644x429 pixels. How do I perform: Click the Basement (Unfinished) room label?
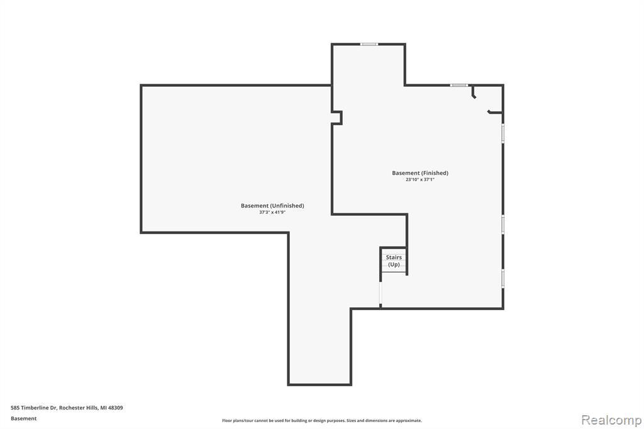(x=272, y=206)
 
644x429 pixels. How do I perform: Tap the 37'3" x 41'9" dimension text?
(x=272, y=213)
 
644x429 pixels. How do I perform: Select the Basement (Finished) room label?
(x=420, y=173)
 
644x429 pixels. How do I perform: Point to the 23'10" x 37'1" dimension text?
(x=420, y=179)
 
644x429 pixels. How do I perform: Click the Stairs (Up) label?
(x=394, y=261)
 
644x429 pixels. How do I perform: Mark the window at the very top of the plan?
(x=369, y=44)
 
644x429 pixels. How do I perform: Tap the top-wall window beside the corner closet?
(x=458, y=85)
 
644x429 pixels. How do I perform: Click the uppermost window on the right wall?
(x=502, y=133)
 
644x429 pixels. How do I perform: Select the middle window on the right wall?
(x=502, y=225)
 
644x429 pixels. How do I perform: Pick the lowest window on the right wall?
(x=502, y=279)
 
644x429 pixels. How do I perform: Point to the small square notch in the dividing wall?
(x=337, y=117)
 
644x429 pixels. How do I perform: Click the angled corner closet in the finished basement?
(x=487, y=99)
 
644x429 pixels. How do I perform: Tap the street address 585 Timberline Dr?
(x=34, y=408)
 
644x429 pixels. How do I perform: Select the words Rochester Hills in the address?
(x=79, y=408)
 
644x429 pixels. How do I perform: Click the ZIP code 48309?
(x=116, y=408)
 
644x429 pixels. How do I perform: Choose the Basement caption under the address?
(x=23, y=418)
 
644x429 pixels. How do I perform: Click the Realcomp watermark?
(x=611, y=420)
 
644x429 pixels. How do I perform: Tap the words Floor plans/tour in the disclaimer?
(x=237, y=420)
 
